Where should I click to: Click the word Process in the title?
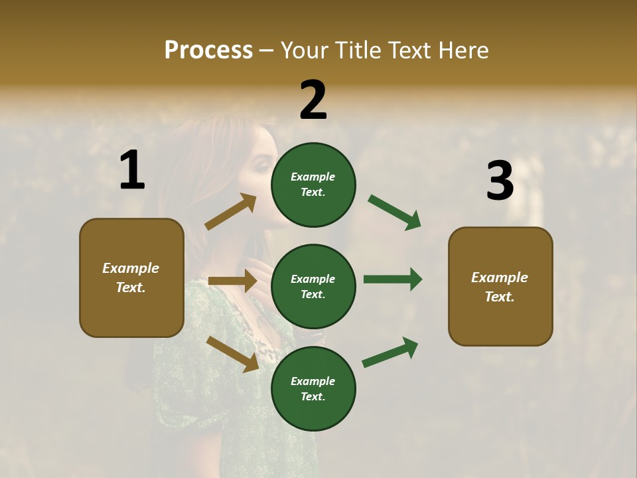click(208, 50)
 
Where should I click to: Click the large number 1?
click(132, 171)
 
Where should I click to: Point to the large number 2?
click(313, 100)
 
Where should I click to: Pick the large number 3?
click(500, 181)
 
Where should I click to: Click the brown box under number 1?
click(131, 278)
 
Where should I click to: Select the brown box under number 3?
click(500, 286)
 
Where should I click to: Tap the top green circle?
click(313, 185)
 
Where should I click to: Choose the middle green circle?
click(313, 286)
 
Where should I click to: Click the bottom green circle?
click(313, 388)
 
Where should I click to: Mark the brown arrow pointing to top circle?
click(230, 212)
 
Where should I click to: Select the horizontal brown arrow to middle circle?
click(232, 281)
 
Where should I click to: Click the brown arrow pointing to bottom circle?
click(232, 353)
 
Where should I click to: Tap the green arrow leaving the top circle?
click(394, 212)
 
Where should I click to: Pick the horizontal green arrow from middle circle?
click(393, 279)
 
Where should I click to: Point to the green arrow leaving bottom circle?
click(390, 352)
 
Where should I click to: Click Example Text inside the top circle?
click(313, 185)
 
